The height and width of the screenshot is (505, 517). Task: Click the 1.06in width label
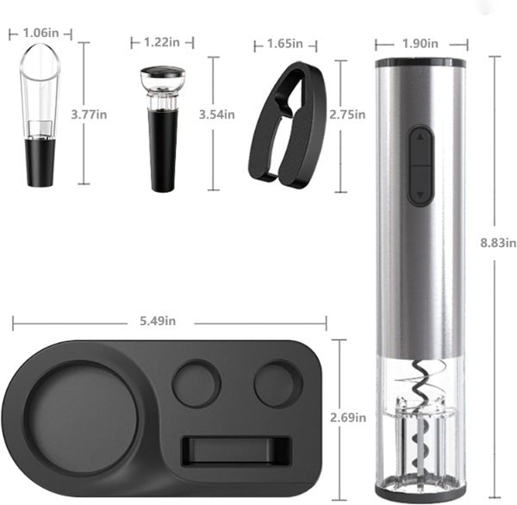40,33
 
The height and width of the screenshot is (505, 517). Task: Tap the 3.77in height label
89,114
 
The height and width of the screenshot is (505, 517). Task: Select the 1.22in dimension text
162,42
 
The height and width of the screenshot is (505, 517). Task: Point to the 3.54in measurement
217,114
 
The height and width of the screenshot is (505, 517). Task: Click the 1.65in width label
285,44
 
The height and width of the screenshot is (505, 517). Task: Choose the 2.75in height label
347,114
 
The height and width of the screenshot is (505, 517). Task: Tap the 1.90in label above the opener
420,44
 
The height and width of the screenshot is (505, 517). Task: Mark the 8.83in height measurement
498,243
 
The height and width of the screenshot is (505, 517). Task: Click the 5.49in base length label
158,321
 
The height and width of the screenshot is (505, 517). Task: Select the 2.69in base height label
348,418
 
